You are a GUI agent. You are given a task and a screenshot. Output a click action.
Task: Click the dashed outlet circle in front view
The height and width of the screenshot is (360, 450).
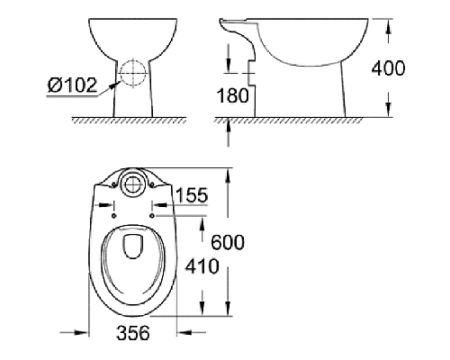[132, 73]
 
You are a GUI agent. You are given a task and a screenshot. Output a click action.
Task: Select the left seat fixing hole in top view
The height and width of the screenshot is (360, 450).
[114, 214]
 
